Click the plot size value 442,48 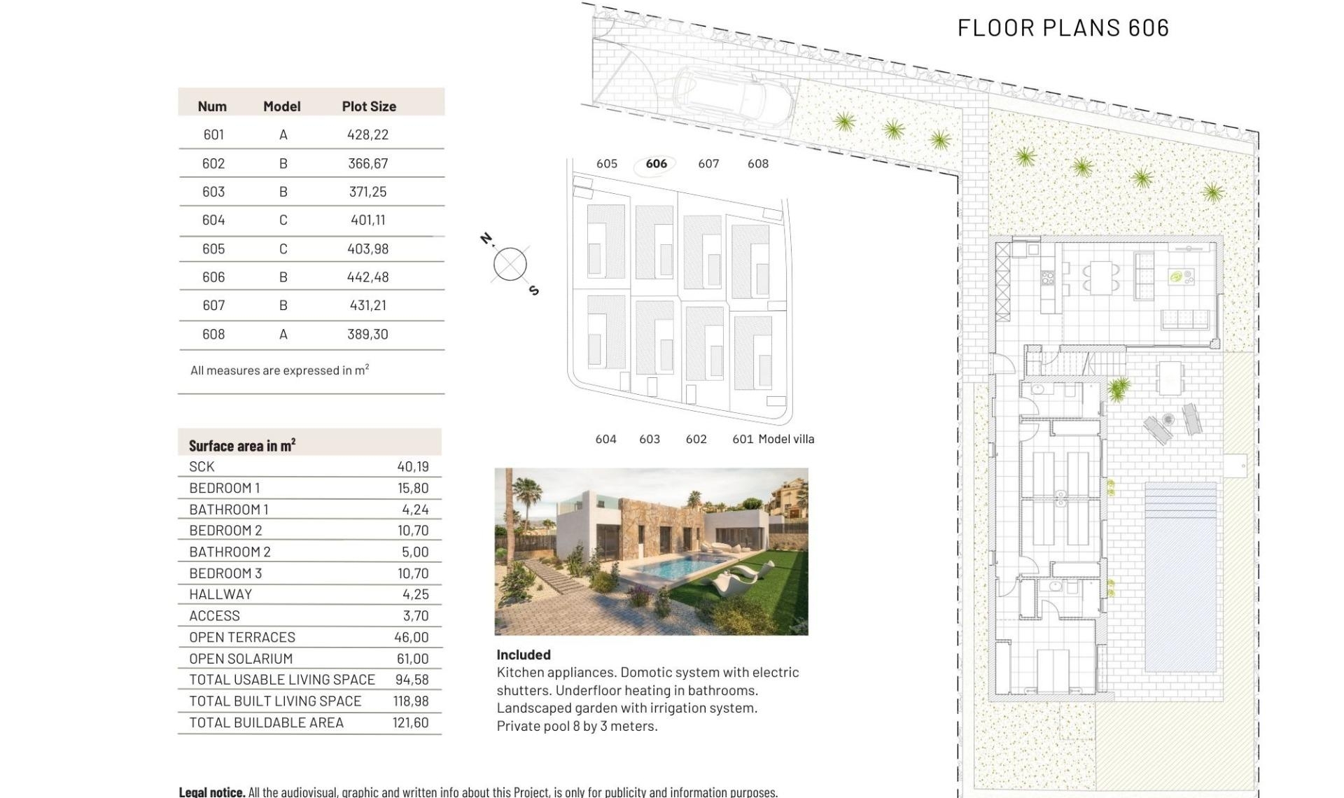[367, 277]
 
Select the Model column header [281, 106]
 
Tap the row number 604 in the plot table [213, 220]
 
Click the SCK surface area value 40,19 [412, 466]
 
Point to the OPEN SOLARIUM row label [241, 659]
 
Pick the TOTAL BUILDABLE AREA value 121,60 [410, 722]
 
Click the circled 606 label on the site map [656, 164]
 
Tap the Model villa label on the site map [786, 439]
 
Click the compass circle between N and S [510, 265]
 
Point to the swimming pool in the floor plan [1180, 577]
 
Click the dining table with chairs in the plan [1100, 277]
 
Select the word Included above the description [523, 654]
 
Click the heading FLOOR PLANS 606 [1063, 28]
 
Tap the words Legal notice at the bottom [211, 792]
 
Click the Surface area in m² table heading [241, 445]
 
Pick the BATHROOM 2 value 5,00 [414, 552]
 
